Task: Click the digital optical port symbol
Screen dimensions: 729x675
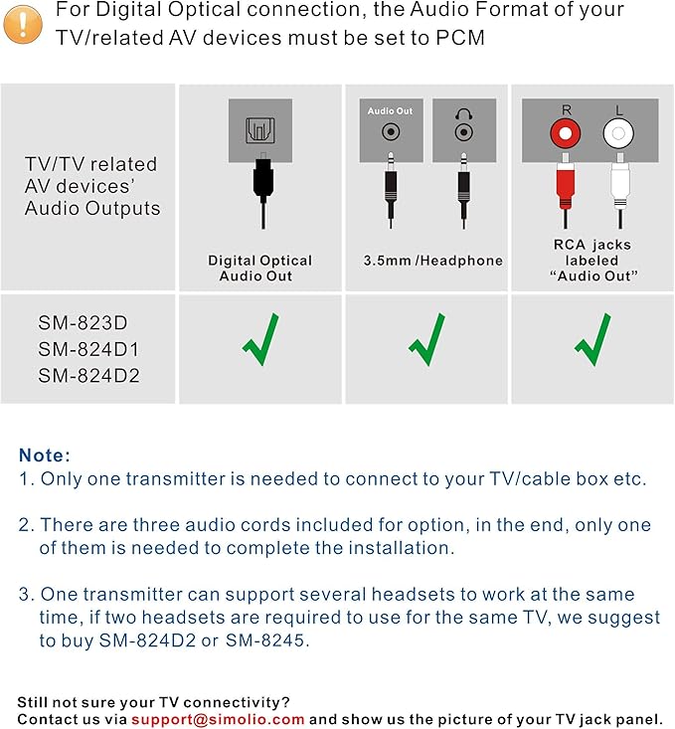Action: [x=261, y=132]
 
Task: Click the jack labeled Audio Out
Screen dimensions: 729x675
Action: [x=391, y=131]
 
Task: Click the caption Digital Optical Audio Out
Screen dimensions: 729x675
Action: [x=259, y=268]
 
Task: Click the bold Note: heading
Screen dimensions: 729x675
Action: [x=45, y=456]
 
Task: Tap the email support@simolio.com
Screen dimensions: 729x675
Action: [x=218, y=718]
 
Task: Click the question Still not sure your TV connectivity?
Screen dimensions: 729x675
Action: [x=153, y=701]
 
